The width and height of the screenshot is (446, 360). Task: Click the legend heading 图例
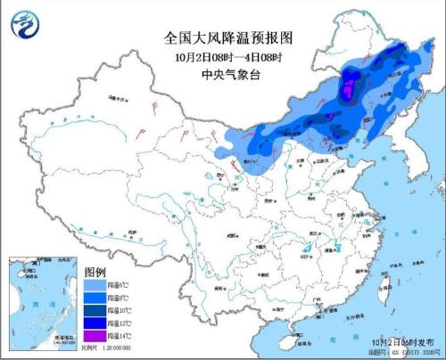(95, 271)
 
